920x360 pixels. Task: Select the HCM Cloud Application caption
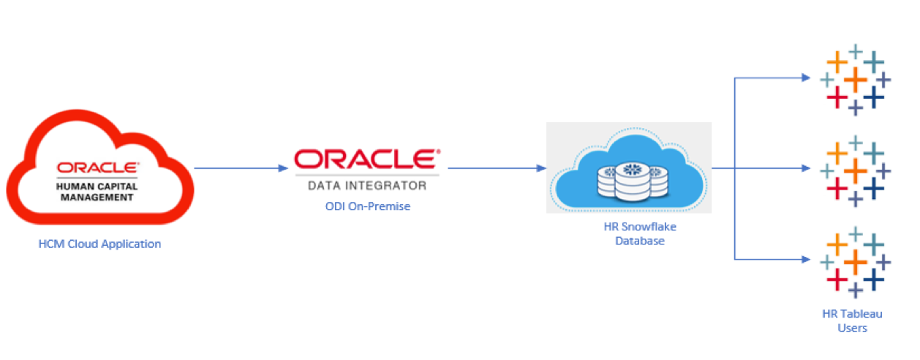99,244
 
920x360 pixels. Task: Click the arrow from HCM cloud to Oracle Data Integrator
241,168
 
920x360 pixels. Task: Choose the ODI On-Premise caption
367,206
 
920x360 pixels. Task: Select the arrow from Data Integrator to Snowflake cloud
497,168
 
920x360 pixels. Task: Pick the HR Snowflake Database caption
630,233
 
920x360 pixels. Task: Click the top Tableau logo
853,79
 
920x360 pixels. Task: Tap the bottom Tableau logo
853,261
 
